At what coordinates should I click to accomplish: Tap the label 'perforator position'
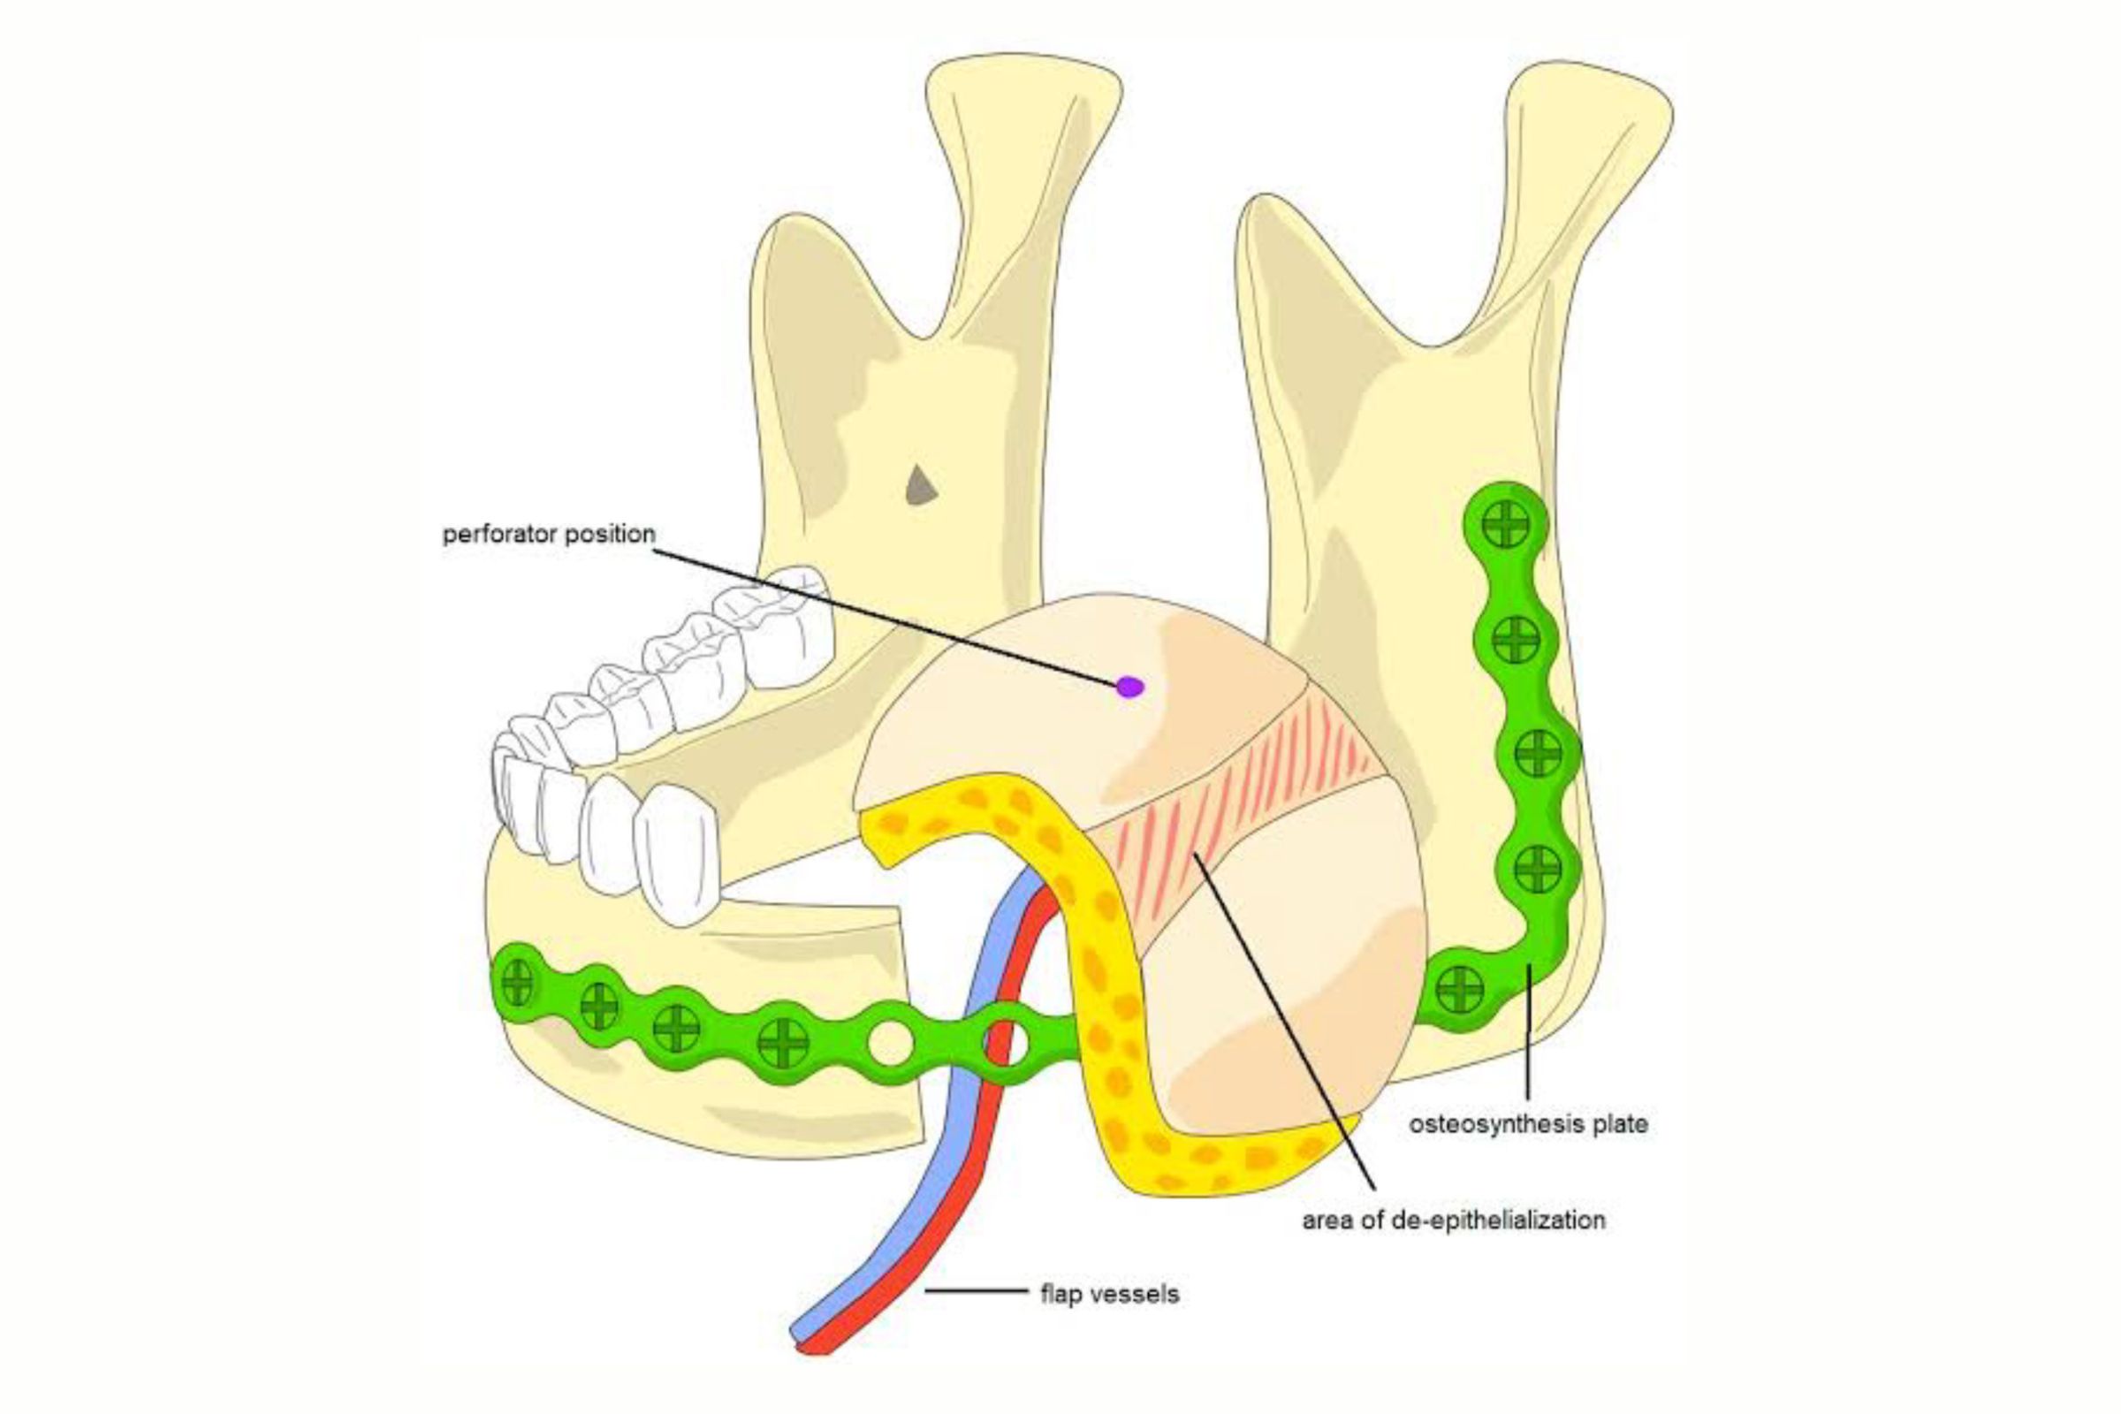coord(548,535)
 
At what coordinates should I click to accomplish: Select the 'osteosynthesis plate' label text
coord(1529,1124)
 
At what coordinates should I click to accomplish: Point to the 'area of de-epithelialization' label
coord(1453,1221)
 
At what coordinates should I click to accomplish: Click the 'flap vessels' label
coord(1109,1295)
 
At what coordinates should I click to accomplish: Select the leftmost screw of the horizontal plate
coord(518,983)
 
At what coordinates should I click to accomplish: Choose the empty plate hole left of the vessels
coord(890,1045)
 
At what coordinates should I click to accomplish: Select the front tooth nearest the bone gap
coord(676,852)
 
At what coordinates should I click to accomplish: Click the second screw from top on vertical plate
coord(1516,638)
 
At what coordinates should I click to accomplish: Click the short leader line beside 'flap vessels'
coord(976,1291)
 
